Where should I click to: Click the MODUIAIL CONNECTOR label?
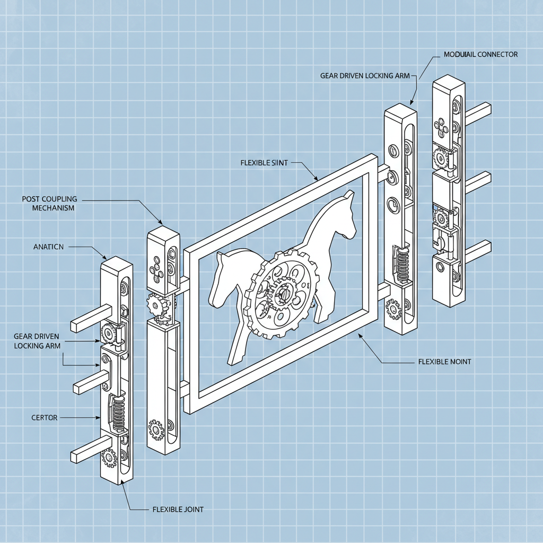pyautogui.click(x=479, y=55)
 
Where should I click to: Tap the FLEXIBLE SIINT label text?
pyautogui.click(x=264, y=163)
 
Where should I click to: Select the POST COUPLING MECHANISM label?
pyautogui.click(x=49, y=204)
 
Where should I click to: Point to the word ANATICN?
pyautogui.click(x=48, y=247)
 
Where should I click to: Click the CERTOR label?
pyautogui.click(x=44, y=418)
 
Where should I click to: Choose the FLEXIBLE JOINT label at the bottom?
pyautogui.click(x=178, y=509)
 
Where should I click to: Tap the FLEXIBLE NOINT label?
pyautogui.click(x=444, y=362)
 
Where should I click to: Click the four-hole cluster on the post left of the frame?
pyautogui.click(x=155, y=269)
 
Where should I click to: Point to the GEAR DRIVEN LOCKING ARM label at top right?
pyautogui.click(x=365, y=76)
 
